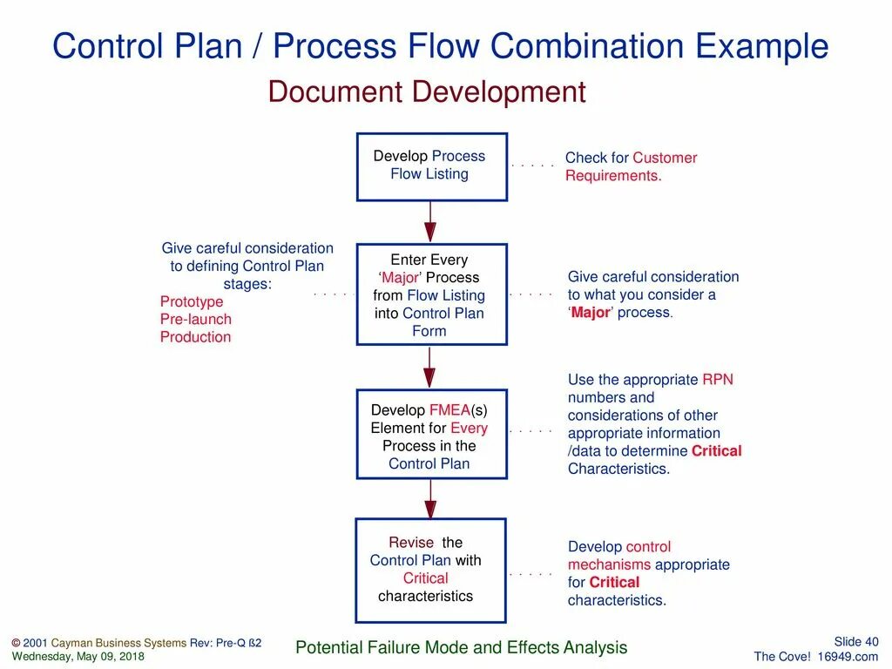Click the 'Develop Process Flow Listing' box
431,166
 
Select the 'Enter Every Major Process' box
431,294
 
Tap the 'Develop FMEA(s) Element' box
431,436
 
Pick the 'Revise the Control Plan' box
430,570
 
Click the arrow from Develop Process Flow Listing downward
430,221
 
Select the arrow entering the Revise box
430,498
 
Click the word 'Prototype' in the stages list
192,301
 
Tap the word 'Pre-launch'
195,319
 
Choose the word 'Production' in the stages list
195,337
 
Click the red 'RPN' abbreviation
718,380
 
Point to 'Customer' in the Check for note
665,158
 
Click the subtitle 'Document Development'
427,91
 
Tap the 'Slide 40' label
856,642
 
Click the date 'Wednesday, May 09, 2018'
78,656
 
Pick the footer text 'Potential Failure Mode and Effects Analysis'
462,647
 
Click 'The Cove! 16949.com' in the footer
816,656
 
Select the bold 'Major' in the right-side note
591,313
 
